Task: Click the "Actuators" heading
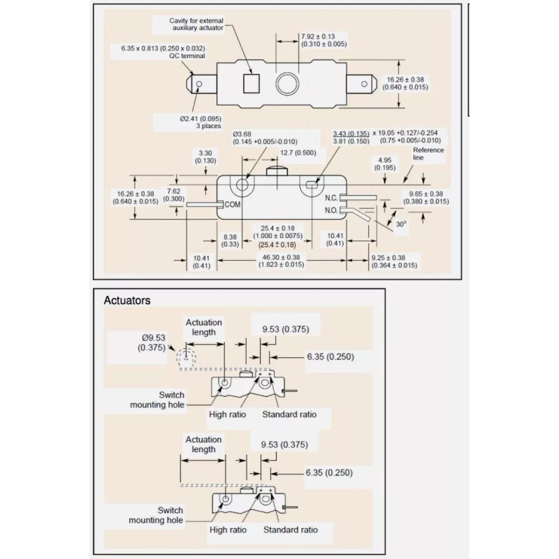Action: pyautogui.click(x=126, y=301)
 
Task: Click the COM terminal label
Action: pyautogui.click(x=233, y=203)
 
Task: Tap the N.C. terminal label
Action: pyautogui.click(x=331, y=198)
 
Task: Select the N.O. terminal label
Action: pyautogui.click(x=331, y=209)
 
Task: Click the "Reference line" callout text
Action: pyautogui.click(x=428, y=154)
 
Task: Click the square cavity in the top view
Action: pyautogui.click(x=250, y=83)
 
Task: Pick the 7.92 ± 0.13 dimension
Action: pyautogui.click(x=317, y=40)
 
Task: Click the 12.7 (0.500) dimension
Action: pyautogui.click(x=296, y=152)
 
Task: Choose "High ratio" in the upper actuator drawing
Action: pyautogui.click(x=228, y=414)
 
